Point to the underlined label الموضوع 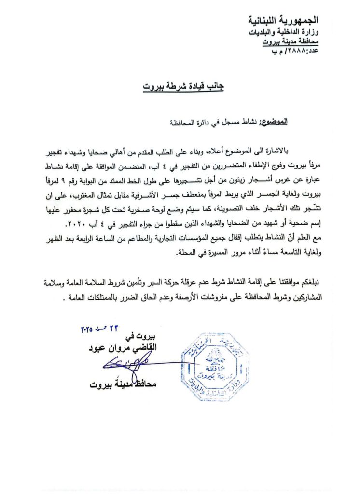tap(274, 123)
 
